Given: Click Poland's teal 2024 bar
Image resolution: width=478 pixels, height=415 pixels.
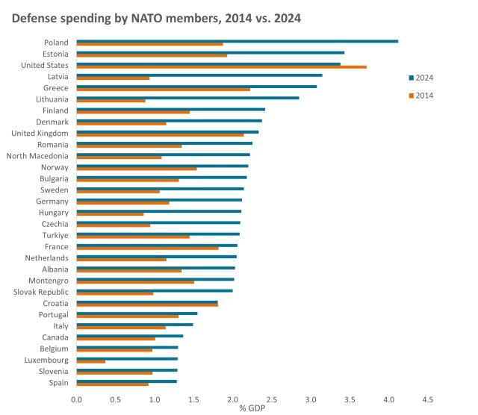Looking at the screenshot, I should click(x=237, y=41).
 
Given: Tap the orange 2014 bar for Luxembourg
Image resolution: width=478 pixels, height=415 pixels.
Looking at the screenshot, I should click(x=91, y=362).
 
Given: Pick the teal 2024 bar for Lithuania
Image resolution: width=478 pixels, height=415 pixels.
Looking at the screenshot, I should click(x=187, y=98).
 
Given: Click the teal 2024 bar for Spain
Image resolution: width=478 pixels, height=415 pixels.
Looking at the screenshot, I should click(x=126, y=381).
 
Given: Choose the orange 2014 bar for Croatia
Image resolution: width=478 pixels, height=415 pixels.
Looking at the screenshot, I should click(x=147, y=305).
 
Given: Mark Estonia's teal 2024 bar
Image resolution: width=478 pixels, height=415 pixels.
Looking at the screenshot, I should click(x=210, y=52).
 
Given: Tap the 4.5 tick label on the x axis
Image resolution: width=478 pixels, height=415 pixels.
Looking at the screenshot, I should click(x=428, y=400).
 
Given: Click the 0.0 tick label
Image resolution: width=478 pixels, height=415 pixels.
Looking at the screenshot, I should click(x=77, y=400).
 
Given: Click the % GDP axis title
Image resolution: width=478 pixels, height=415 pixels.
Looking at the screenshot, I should click(x=252, y=408).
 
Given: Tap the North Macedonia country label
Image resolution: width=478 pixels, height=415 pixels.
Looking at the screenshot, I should click(x=37, y=156).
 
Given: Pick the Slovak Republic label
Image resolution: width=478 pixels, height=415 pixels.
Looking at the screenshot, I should click(x=42, y=292).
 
